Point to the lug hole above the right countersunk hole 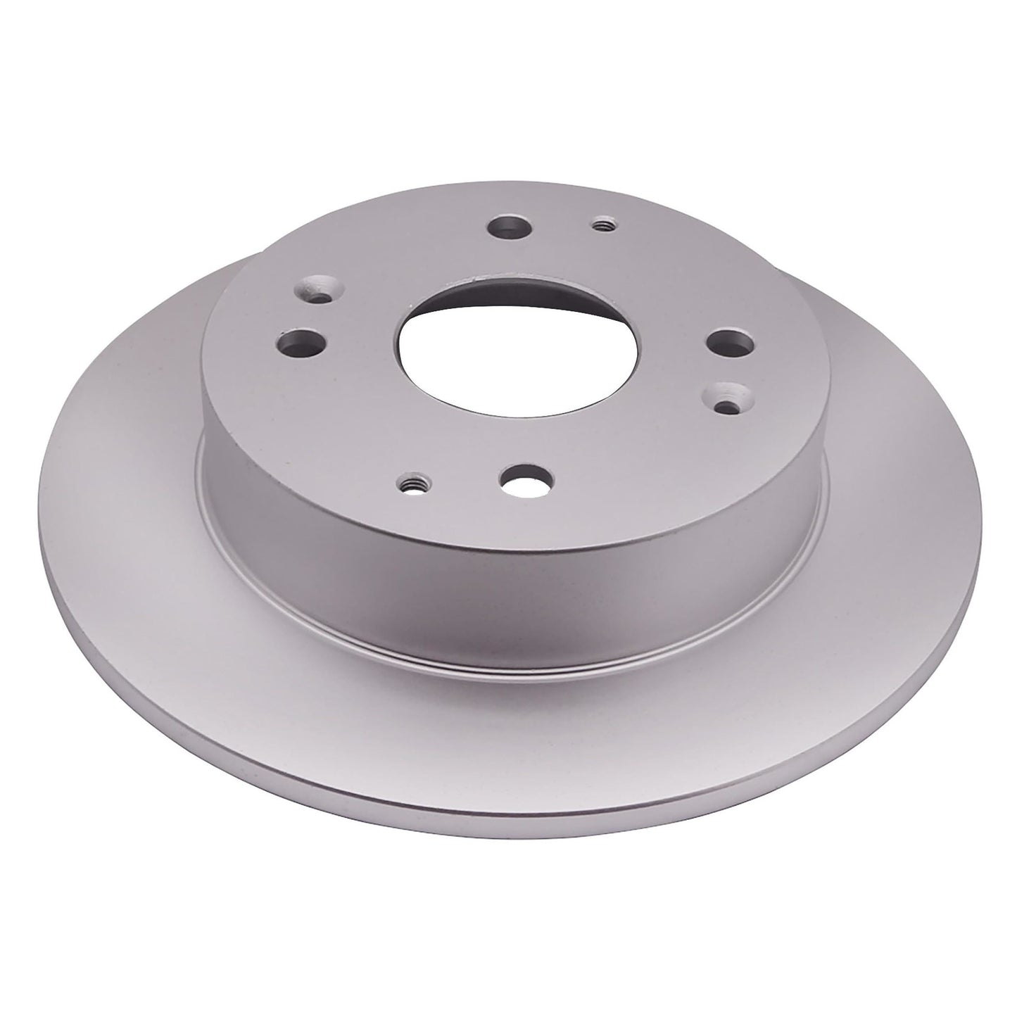click(729, 343)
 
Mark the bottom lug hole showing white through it click(522, 479)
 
